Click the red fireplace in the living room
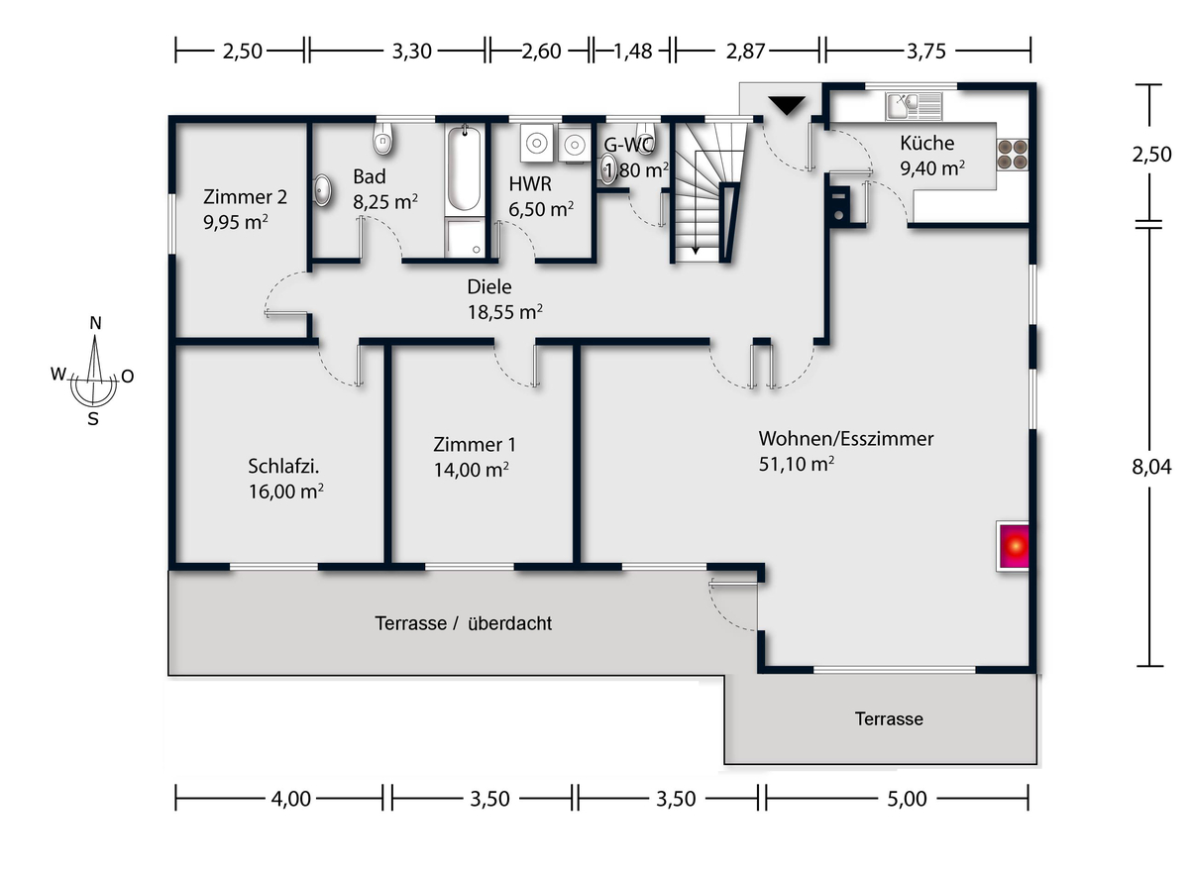point(1013,546)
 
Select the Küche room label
point(927,144)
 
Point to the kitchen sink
point(916,101)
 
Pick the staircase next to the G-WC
point(707,188)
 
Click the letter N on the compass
point(95,323)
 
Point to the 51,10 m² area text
point(796,464)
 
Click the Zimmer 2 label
point(237,195)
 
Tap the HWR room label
point(530,184)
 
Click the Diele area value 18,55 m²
point(504,312)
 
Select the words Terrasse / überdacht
point(463,624)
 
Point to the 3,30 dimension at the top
point(412,52)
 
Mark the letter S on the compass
point(93,417)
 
